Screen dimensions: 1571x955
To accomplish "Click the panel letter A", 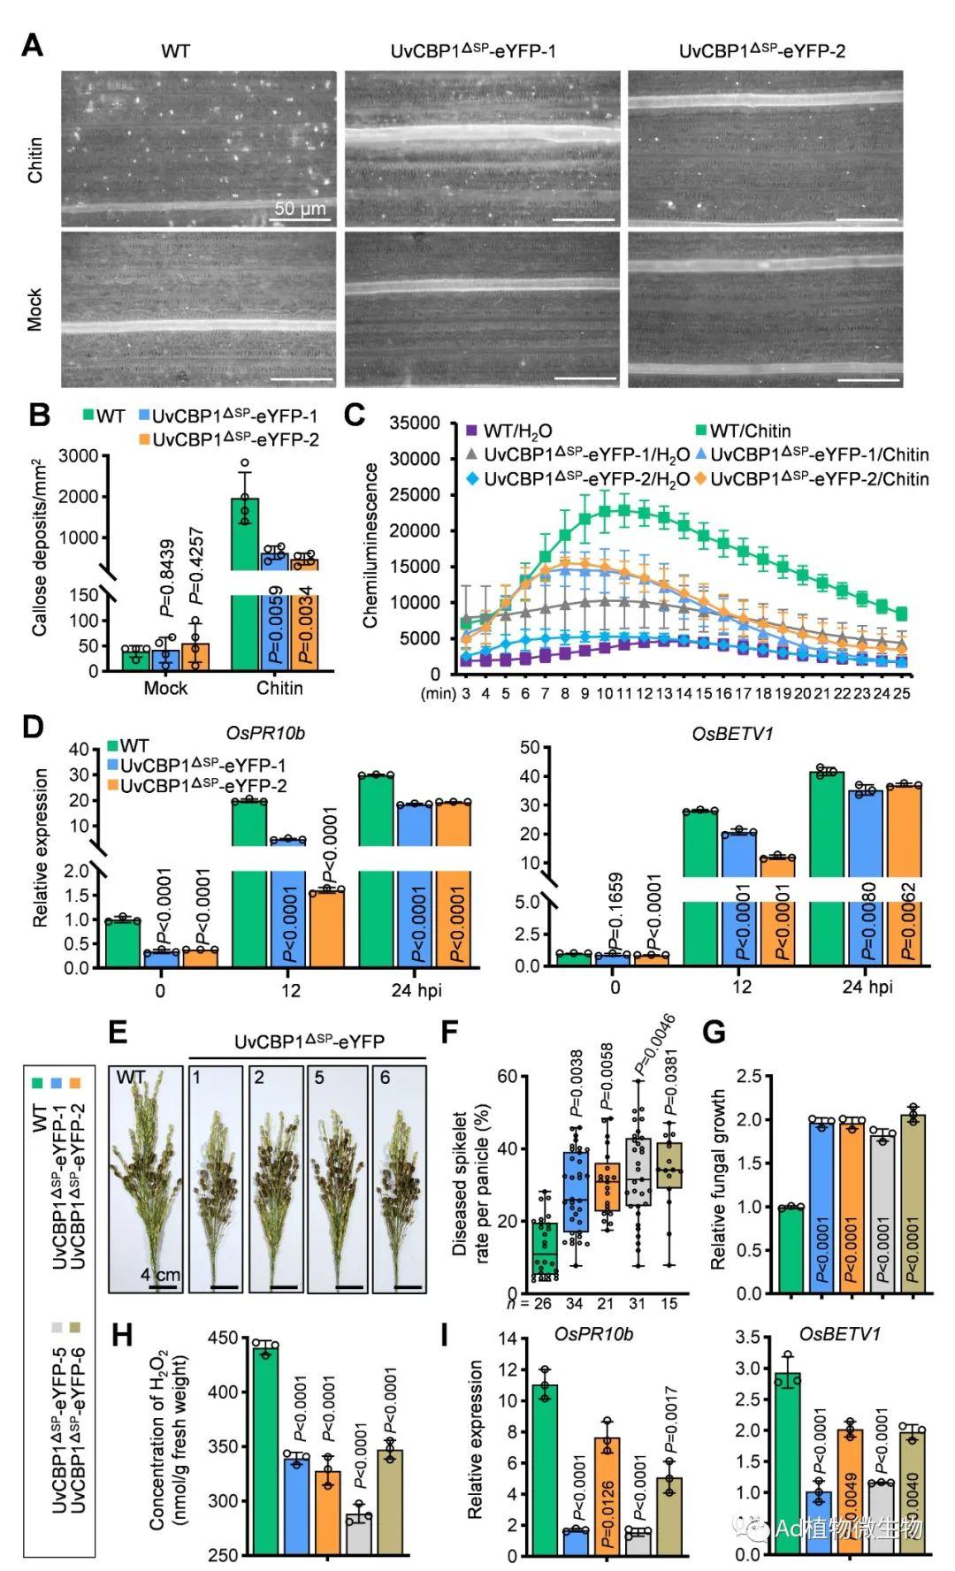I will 32,44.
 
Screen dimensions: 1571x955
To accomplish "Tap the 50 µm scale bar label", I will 300,210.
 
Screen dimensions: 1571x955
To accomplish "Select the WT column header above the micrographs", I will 175,51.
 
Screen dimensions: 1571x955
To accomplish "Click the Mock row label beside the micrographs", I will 34,309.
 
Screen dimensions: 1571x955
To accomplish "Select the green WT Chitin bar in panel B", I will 245,583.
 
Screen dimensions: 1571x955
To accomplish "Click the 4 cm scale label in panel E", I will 161,1276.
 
